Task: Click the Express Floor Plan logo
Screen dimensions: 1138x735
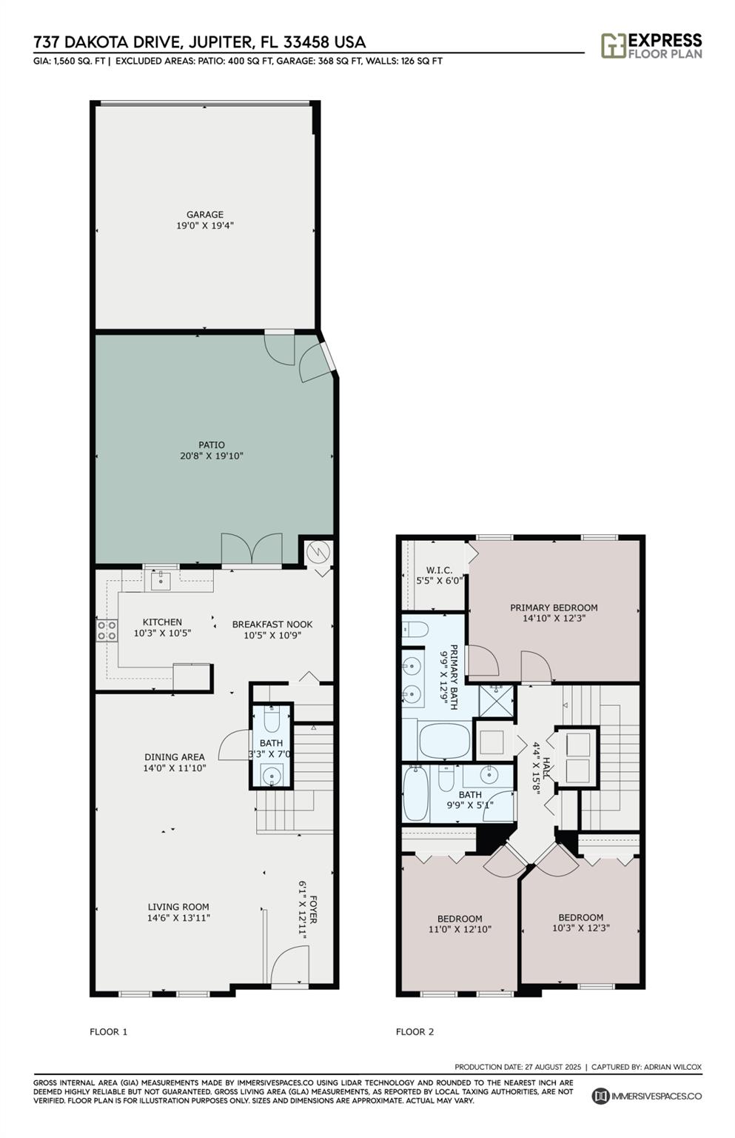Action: click(651, 45)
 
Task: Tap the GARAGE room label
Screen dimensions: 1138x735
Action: click(205, 215)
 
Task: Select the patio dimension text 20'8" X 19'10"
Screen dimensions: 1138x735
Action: click(211, 456)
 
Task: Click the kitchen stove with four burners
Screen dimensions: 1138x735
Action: click(107, 630)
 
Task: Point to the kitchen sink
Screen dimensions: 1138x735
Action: click(161, 580)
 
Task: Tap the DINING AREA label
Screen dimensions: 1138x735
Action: click(175, 757)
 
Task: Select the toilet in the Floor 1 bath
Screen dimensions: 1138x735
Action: click(271, 719)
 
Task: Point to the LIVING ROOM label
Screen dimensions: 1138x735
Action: click(178, 907)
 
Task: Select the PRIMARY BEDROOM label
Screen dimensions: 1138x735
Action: click(554, 608)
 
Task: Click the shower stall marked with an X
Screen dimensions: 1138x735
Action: click(496, 700)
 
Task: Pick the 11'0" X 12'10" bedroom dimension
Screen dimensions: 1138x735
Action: click(460, 929)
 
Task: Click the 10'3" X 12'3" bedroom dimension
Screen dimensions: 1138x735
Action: click(580, 928)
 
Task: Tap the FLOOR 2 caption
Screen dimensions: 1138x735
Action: click(415, 1031)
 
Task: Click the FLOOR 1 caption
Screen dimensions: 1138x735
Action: click(109, 1031)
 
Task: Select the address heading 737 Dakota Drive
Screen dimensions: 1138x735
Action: click(200, 42)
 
